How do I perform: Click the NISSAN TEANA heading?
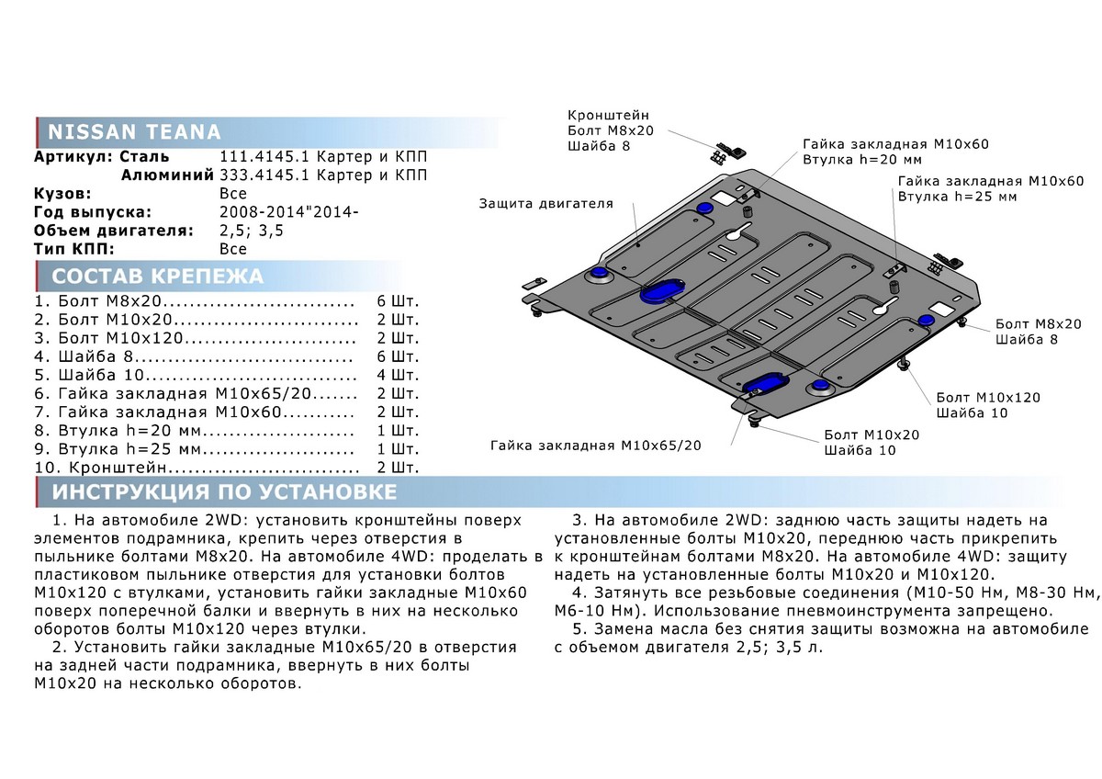coord(133,130)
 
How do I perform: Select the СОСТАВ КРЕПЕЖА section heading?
coord(157,277)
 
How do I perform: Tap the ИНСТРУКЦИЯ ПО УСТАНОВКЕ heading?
coord(224,491)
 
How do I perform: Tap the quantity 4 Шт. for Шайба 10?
coord(398,376)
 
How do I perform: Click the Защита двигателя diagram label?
coord(545,203)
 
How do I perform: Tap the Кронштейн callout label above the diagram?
coord(608,116)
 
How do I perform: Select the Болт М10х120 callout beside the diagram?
coord(988,397)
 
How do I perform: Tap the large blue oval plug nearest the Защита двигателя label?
coord(660,290)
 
